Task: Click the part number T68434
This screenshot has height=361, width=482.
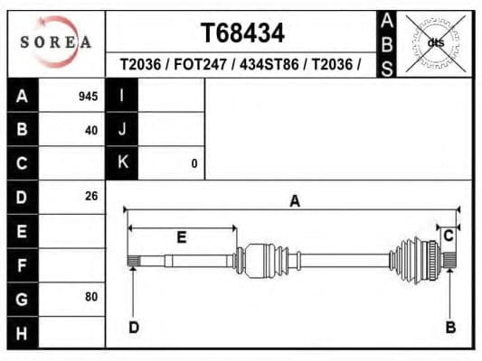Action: (241, 33)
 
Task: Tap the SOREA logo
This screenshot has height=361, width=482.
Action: (56, 42)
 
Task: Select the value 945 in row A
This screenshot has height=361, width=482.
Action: (89, 97)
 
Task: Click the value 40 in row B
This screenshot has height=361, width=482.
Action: (91, 129)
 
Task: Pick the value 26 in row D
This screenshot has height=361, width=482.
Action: (91, 196)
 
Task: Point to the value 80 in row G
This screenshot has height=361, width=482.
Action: (91, 297)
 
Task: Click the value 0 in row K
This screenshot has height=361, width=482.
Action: (194, 163)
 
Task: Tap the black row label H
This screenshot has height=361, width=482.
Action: (22, 332)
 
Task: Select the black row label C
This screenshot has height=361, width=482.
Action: (22, 163)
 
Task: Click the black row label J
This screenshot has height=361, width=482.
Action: (121, 129)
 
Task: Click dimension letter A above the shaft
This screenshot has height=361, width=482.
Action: (294, 201)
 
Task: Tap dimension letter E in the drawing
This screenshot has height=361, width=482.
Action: (181, 237)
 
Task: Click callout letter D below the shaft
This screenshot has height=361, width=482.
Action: (133, 327)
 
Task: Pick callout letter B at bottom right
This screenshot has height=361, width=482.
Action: (450, 327)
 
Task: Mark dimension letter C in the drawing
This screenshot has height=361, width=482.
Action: (448, 236)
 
